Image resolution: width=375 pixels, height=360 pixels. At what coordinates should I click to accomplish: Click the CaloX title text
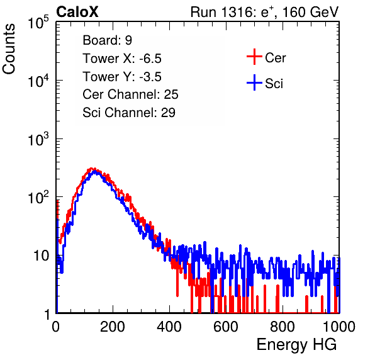77,12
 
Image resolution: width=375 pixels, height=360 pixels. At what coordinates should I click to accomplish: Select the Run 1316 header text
265,12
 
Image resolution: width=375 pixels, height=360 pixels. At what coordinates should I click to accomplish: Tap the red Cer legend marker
254,57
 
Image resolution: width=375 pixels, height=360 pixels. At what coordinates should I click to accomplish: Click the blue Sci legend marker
254,83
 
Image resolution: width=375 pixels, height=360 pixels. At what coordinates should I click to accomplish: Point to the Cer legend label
275,58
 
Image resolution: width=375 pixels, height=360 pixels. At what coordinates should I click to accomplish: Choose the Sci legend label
274,84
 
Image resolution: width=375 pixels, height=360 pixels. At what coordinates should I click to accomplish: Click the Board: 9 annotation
107,40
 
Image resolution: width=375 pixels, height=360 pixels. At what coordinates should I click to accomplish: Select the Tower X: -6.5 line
122,59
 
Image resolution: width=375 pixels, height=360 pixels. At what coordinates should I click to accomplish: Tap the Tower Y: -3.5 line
122,77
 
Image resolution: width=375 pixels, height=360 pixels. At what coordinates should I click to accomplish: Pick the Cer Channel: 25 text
130,94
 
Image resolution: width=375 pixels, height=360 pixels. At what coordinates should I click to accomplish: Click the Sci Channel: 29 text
129,113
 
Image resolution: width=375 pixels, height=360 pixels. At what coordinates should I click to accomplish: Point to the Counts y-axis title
9,49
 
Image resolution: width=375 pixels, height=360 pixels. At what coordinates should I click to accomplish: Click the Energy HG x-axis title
296,345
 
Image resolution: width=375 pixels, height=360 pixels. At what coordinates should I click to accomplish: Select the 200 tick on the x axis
113,327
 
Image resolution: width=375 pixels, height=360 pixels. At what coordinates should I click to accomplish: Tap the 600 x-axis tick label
226,327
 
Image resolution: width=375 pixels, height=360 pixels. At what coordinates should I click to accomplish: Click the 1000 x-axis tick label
339,327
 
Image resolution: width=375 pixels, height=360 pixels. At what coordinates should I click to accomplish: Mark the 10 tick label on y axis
42,256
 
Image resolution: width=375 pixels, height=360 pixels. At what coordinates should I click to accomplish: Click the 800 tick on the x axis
283,327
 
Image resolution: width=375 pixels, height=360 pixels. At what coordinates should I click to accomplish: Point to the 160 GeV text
310,12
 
